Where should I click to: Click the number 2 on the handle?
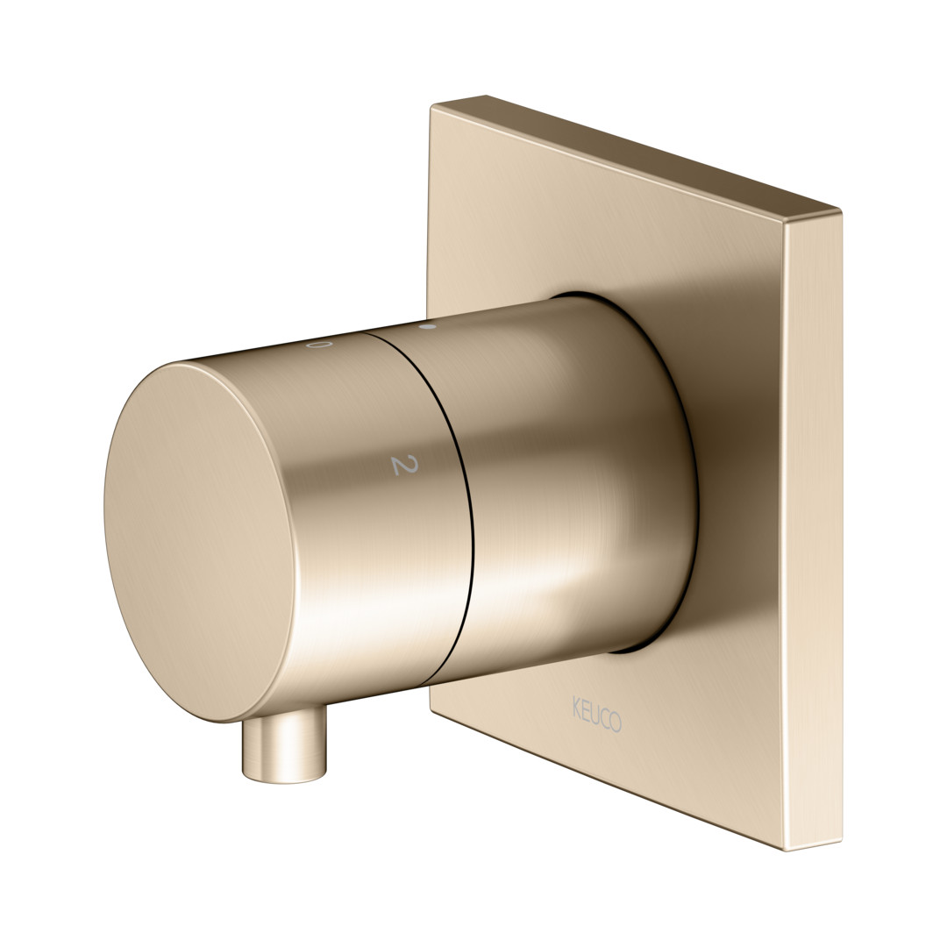pos(404,465)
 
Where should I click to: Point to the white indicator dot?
pos(428,327)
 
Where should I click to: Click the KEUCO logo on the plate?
pos(597,715)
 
